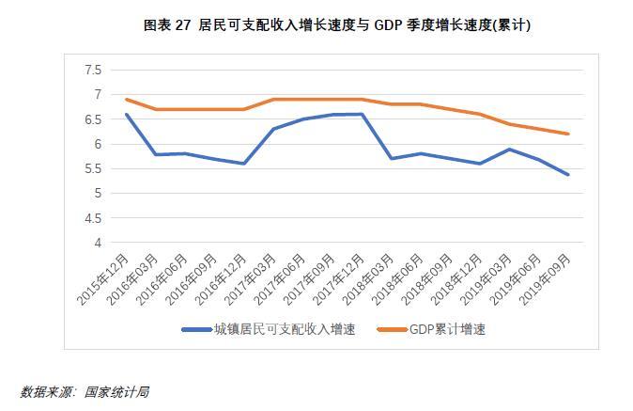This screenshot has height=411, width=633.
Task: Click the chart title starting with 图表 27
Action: point(337,25)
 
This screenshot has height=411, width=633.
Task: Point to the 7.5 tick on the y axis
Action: point(92,71)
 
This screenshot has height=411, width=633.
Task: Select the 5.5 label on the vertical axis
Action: point(92,169)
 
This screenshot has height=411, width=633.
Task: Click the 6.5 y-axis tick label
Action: point(92,119)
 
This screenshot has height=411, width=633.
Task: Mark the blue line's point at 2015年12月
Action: point(125,115)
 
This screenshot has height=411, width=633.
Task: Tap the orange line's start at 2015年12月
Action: point(125,100)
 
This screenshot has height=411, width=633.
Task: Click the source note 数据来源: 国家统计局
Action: point(85,391)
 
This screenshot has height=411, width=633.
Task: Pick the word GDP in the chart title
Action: point(390,25)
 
